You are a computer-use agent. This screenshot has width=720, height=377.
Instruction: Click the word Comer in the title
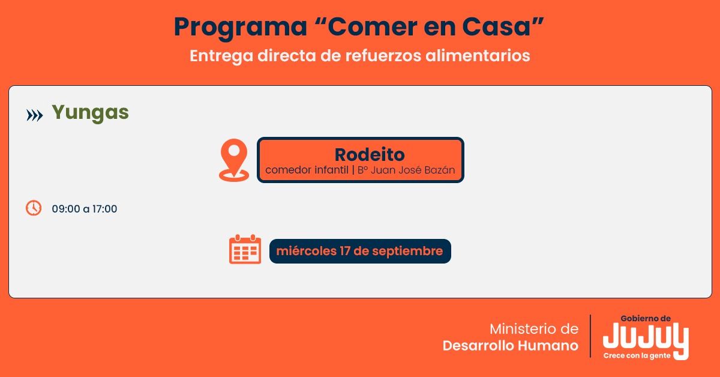(371, 26)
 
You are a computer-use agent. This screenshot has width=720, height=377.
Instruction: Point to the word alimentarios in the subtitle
(478, 55)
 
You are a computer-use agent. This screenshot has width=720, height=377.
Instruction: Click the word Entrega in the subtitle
(221, 56)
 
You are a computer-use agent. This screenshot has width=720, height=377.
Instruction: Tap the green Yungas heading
(91, 113)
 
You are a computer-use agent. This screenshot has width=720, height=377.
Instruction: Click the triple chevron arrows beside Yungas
(34, 115)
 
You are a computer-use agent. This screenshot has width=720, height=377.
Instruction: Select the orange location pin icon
(234, 160)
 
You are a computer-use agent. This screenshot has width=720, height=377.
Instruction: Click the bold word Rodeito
(370, 154)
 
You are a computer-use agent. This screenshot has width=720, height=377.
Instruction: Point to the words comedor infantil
(307, 170)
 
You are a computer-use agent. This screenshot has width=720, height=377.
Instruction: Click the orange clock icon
(34, 208)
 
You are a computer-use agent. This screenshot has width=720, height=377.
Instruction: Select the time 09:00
(66, 209)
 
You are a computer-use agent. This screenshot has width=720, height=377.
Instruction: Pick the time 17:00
(104, 209)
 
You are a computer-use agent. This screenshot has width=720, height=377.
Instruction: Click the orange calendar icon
(245, 249)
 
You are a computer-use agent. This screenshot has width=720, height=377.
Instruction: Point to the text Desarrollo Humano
(511, 346)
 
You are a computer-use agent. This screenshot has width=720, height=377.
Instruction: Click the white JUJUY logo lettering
(646, 337)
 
